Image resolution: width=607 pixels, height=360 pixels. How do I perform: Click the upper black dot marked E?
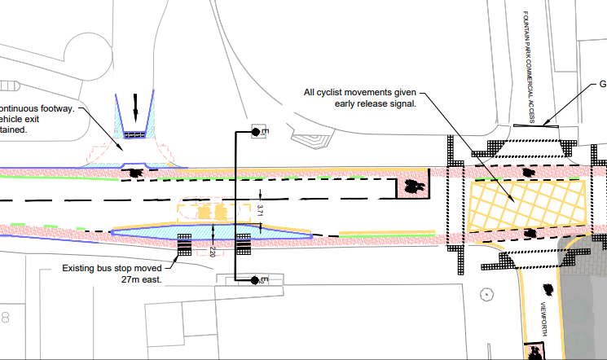pyautogui.click(x=255, y=132)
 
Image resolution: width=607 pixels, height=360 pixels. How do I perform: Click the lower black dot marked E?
pyautogui.click(x=255, y=281)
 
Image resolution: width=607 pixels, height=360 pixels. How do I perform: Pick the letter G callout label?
pyautogui.click(x=603, y=84)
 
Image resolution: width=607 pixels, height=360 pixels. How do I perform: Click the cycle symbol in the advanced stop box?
pyautogui.click(x=414, y=188)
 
